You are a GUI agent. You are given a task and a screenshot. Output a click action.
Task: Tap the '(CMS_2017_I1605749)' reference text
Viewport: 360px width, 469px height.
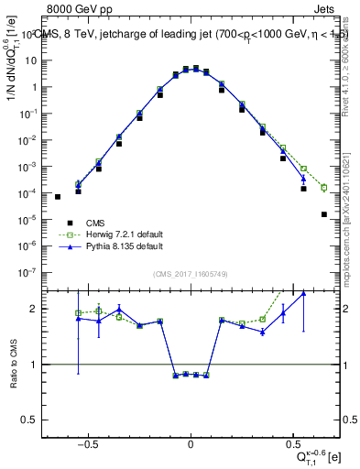[x=190, y=275]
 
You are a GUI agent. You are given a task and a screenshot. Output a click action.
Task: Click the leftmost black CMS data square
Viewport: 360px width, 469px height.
[x=58, y=196]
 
